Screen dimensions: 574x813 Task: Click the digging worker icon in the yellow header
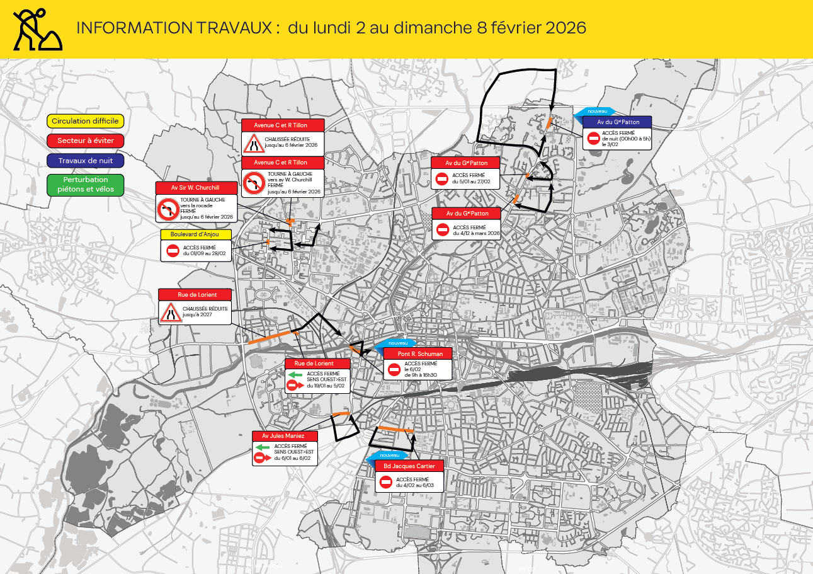(x=37, y=30)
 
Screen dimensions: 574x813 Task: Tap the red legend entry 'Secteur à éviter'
(x=86, y=141)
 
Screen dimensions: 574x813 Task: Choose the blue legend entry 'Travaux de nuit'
(x=86, y=161)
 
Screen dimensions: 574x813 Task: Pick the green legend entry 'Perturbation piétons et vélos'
(x=86, y=184)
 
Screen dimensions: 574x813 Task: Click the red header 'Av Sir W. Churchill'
(x=196, y=188)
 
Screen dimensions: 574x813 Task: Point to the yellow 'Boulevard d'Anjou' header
(x=195, y=234)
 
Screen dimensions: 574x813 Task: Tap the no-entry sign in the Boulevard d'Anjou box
(x=173, y=250)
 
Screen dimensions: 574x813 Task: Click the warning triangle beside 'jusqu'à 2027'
(x=170, y=313)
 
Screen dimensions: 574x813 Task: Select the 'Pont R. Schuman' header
(x=418, y=353)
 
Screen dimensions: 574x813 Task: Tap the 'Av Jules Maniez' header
(x=285, y=436)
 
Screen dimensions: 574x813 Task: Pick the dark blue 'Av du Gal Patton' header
(x=617, y=122)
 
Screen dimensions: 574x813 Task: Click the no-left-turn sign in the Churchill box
(x=168, y=209)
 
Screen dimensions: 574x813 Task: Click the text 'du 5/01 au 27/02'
(x=471, y=181)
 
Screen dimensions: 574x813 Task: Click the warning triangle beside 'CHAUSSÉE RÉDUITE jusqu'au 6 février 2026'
(x=254, y=144)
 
